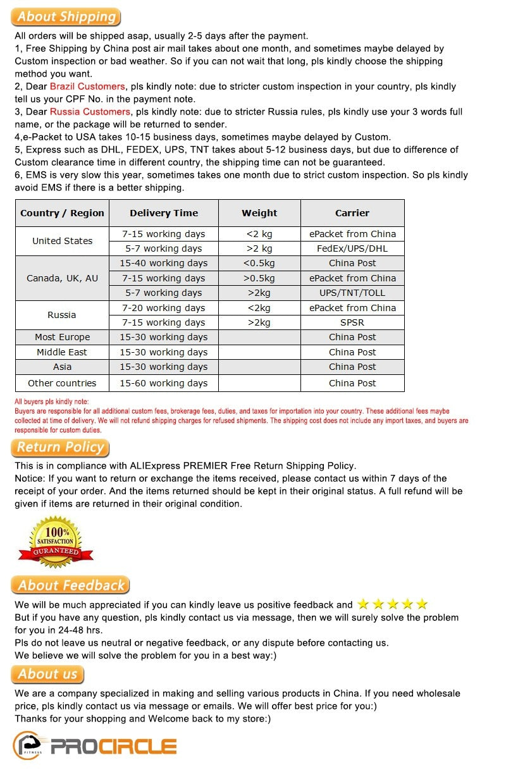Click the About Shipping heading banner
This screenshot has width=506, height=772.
66,17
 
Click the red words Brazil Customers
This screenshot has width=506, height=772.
87,87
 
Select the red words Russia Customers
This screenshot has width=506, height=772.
90,112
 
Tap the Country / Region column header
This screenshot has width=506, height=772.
62,213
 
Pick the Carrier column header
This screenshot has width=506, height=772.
352,213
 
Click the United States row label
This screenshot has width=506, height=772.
62,241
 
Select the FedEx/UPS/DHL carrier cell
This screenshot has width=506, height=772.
352,248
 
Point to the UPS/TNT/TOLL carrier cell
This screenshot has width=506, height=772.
352,293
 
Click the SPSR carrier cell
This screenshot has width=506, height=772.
352,322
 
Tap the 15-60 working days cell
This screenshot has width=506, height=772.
164,383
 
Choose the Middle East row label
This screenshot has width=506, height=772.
62,352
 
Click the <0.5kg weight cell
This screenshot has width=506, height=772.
259,263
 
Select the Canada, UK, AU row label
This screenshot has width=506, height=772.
62,278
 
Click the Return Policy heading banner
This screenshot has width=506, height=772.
60,448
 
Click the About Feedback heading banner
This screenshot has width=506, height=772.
70,585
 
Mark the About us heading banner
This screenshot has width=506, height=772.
47,674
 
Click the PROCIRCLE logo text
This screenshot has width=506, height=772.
113,747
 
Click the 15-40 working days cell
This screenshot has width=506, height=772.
164,263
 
